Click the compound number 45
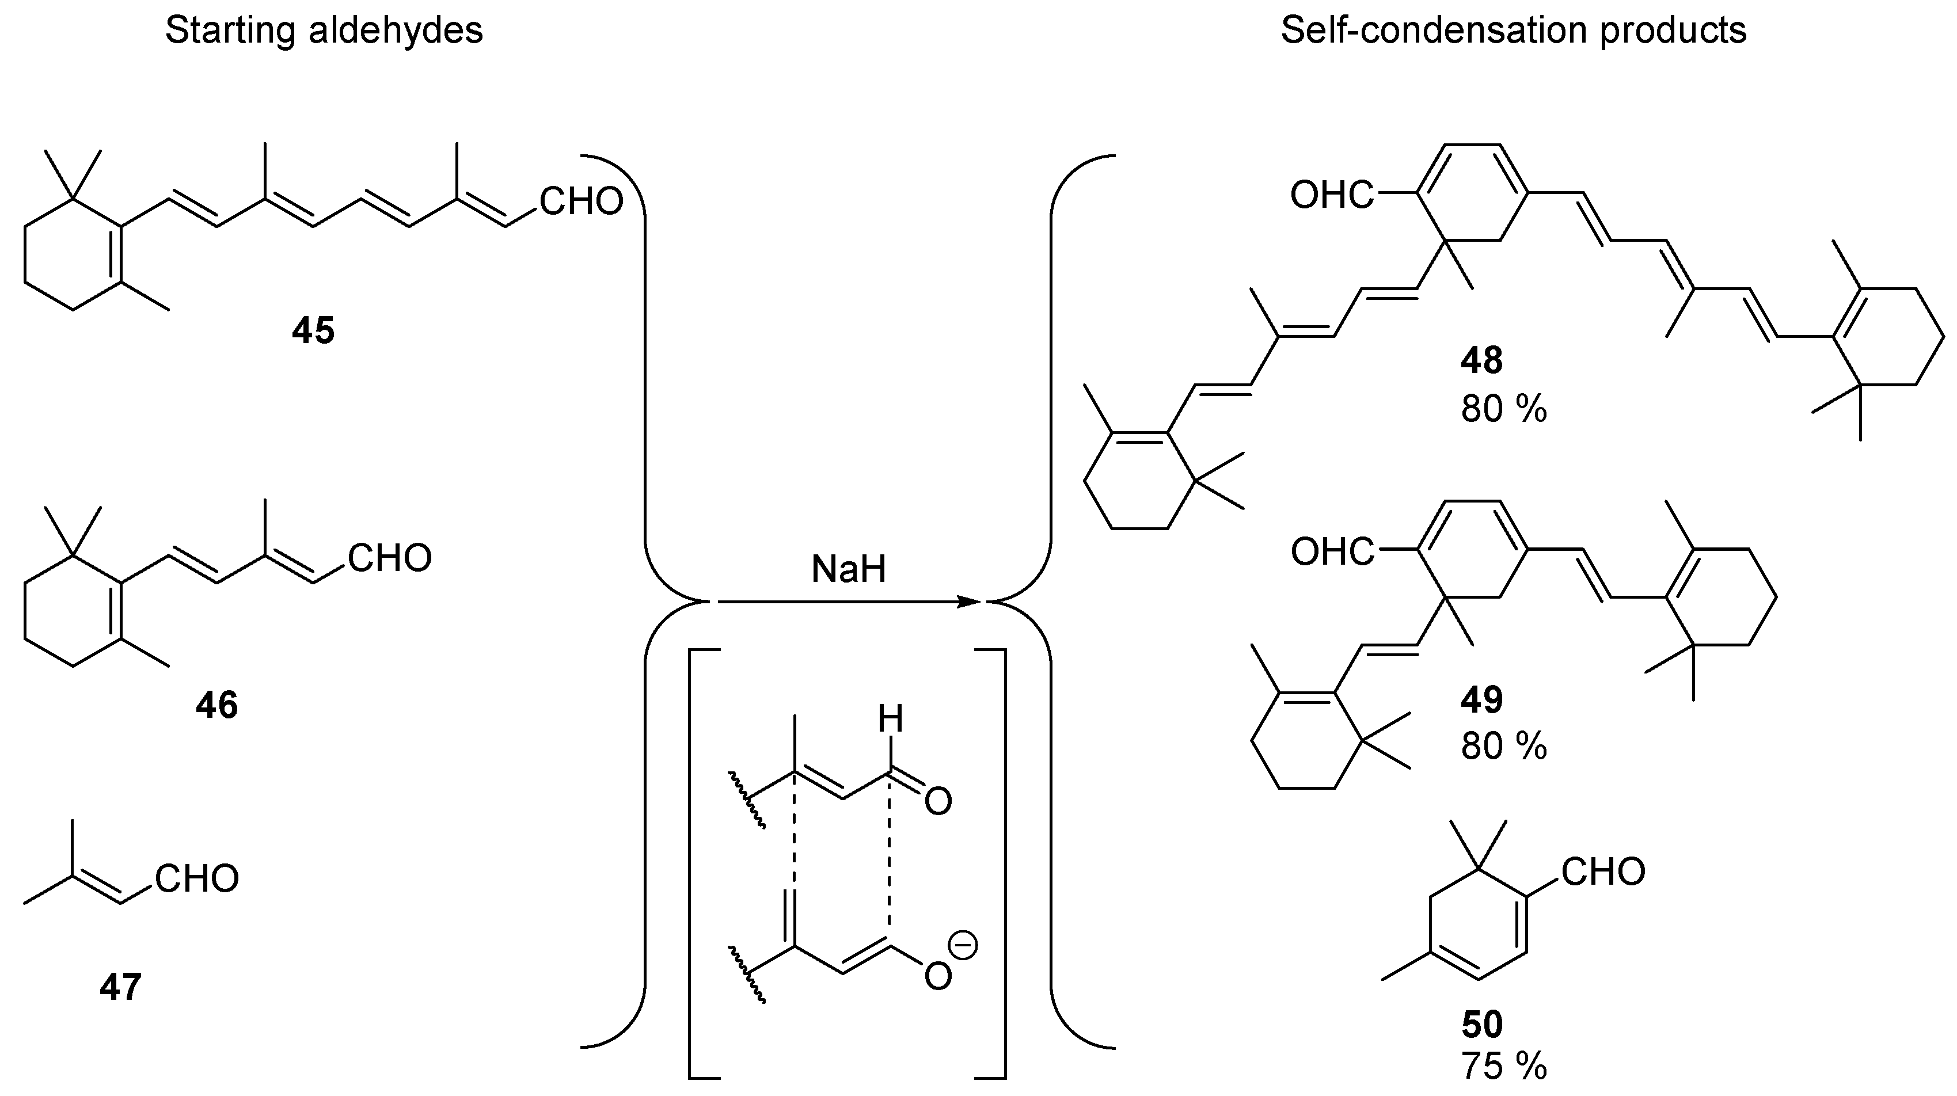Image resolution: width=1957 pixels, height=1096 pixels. (313, 331)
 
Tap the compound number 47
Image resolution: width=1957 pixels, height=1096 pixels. (121, 987)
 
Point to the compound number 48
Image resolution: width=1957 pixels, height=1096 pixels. (1481, 360)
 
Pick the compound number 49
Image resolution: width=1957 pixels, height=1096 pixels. (1481, 699)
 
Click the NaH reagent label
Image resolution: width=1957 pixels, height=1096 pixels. (849, 569)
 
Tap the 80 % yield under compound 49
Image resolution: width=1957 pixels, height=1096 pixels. (1503, 747)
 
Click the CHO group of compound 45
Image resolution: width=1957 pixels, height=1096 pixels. (581, 202)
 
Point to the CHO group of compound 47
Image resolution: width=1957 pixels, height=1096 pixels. (197, 879)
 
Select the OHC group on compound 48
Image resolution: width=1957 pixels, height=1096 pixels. (1332, 196)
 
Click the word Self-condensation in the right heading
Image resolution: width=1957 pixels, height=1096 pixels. (1434, 31)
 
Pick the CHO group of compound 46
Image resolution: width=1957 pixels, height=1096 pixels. (390, 558)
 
